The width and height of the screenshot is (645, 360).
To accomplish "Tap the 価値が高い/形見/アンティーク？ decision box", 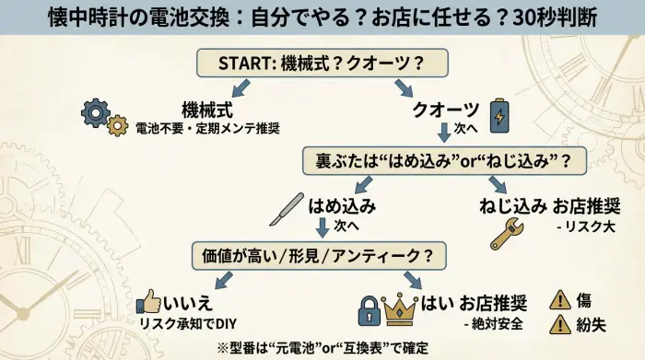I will coord(314,253).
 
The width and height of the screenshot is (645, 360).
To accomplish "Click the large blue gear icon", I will coord(96,112).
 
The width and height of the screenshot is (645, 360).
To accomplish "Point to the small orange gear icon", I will coord(117,126).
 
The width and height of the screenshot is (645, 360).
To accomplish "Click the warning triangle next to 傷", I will coord(559,300).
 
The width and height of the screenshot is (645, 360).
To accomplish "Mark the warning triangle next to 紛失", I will coord(559,324).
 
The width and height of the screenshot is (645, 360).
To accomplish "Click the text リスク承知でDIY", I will coord(188,322).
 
